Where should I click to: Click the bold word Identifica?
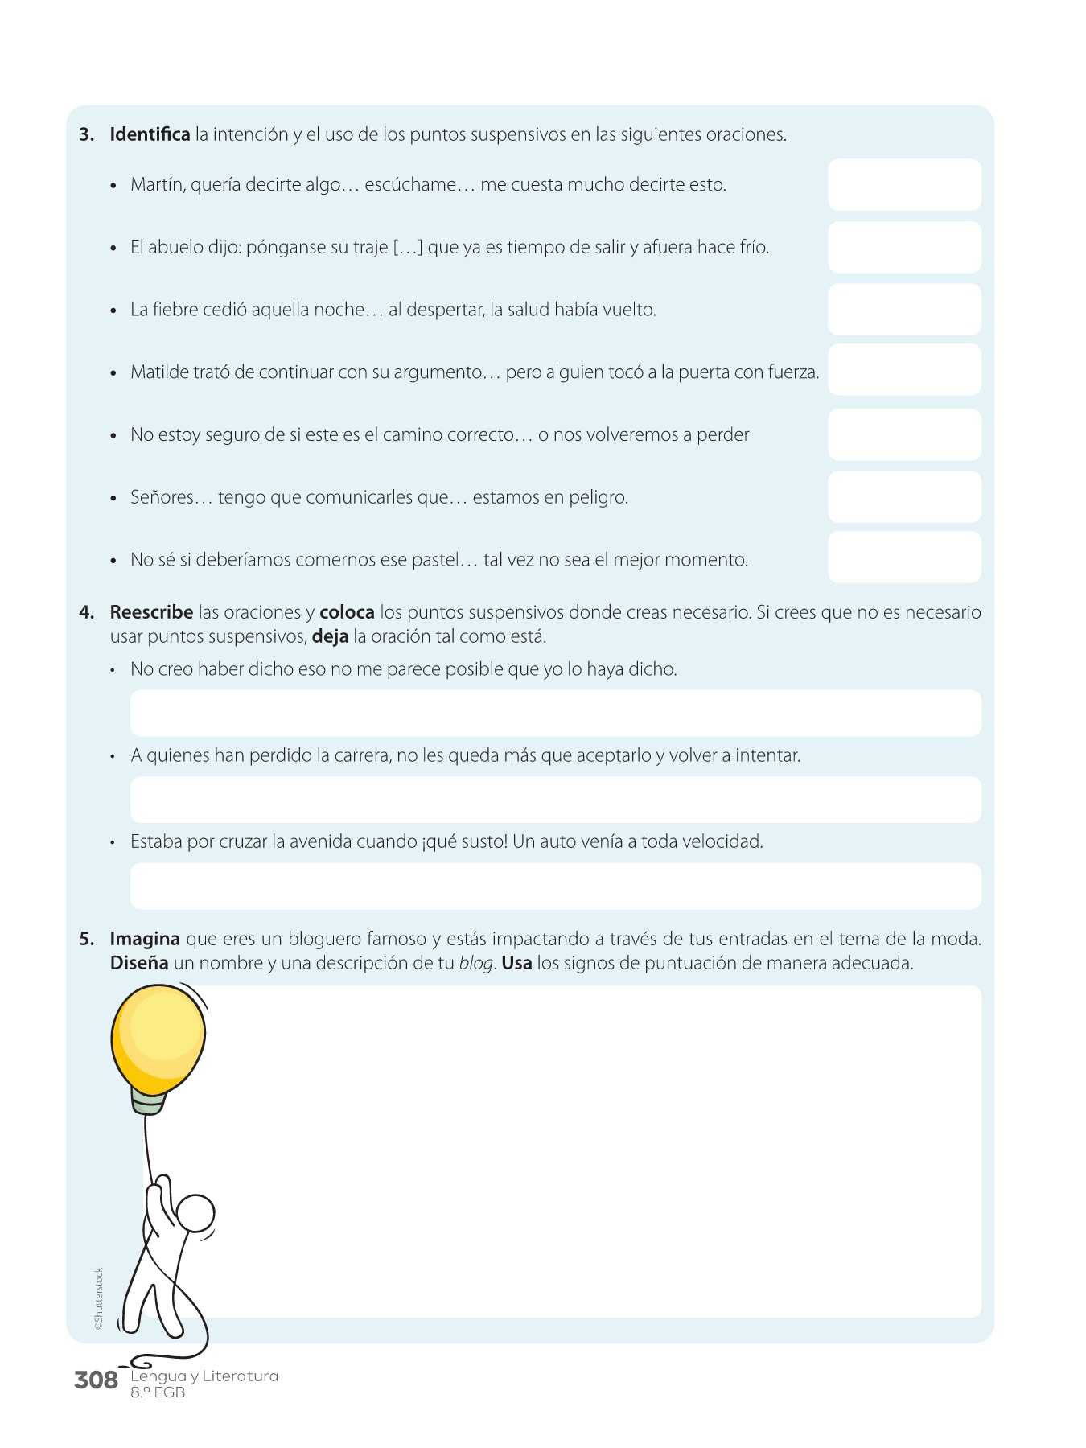tap(150, 134)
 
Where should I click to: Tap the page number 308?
tap(96, 1380)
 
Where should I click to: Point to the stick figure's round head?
tap(195, 1213)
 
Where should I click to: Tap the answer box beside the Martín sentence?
tap(904, 185)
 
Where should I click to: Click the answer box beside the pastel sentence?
tap(904, 557)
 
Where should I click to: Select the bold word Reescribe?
tap(151, 612)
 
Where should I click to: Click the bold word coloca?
tap(347, 612)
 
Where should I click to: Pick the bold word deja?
tap(330, 636)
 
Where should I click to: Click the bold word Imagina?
tap(145, 939)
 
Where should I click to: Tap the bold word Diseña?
tap(139, 963)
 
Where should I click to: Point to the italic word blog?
tap(475, 963)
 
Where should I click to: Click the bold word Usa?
tap(516, 963)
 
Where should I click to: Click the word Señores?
tap(162, 497)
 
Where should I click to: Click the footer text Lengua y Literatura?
tap(204, 1376)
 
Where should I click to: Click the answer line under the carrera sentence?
tap(555, 800)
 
